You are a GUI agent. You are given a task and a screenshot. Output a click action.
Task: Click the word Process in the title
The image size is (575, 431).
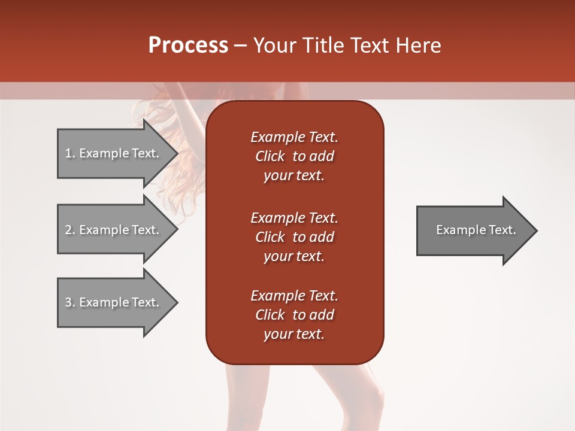tap(188, 45)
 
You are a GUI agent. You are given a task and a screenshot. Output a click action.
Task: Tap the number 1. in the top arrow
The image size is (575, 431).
tap(70, 153)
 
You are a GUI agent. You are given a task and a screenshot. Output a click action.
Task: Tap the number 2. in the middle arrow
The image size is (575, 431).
tap(70, 230)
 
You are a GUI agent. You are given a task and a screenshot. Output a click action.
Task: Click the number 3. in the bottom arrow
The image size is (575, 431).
tap(70, 302)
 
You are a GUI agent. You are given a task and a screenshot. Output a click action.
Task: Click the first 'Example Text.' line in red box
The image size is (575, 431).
tap(294, 137)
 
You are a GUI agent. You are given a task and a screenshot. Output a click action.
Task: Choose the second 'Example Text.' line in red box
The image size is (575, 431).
tap(294, 217)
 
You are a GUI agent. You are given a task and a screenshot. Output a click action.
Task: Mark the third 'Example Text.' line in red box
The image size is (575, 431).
tap(294, 296)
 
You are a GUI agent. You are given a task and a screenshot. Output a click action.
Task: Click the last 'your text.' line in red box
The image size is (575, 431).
tap(294, 335)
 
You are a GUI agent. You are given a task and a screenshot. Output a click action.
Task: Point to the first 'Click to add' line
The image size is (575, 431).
tap(294, 156)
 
